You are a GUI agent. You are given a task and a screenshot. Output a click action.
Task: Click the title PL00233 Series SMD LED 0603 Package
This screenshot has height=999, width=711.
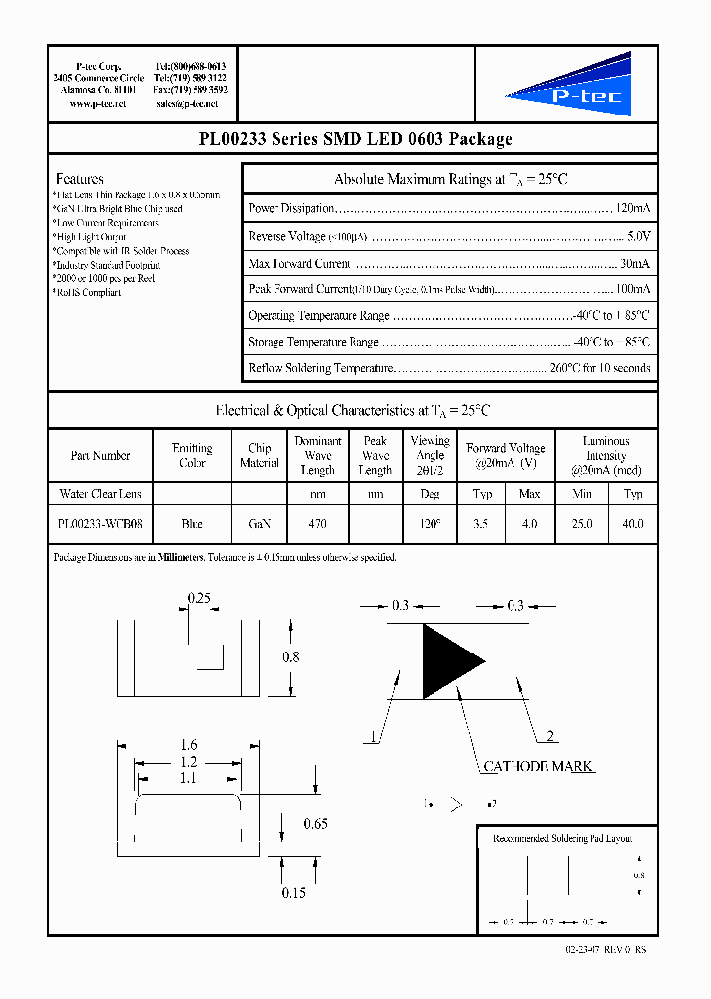pos(355,139)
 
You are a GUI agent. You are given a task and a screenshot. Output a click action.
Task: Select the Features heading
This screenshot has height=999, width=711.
pos(80,179)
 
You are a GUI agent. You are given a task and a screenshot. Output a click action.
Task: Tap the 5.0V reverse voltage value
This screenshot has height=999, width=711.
pos(638,236)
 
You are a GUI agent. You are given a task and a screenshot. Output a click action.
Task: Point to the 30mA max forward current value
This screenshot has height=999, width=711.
pos(635,263)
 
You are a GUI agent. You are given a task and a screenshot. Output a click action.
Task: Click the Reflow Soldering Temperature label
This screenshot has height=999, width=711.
pos(320,368)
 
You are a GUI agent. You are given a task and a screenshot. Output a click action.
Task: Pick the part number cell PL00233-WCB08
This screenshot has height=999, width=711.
pos(101,524)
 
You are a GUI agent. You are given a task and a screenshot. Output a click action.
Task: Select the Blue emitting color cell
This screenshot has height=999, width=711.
pos(193,524)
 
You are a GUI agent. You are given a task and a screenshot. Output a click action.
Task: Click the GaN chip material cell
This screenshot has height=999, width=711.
pos(259,524)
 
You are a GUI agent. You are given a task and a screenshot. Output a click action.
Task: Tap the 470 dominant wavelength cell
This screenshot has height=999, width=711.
pos(317,524)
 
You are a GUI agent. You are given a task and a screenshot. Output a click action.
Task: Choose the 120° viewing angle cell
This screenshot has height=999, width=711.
pos(430,524)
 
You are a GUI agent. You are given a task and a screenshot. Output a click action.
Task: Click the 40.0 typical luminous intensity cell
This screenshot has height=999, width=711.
pos(632,524)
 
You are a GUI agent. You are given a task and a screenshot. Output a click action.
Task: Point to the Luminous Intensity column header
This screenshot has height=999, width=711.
pos(605,455)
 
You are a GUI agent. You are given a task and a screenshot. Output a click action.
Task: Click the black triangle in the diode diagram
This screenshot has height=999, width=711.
pos(447,661)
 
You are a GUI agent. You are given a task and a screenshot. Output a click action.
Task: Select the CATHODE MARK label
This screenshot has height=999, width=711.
pos(538,766)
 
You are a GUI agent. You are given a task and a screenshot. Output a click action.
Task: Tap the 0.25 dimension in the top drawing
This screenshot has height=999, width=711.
pos(200,598)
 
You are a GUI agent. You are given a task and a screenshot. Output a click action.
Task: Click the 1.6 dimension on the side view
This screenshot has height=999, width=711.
pos(188,746)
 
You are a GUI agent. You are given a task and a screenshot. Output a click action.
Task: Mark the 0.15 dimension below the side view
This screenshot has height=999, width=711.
pos(294,892)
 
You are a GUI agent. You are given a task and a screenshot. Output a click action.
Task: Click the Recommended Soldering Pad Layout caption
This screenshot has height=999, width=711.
pos(562,838)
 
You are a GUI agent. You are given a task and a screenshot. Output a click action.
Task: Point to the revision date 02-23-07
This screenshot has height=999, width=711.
pos(584,948)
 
